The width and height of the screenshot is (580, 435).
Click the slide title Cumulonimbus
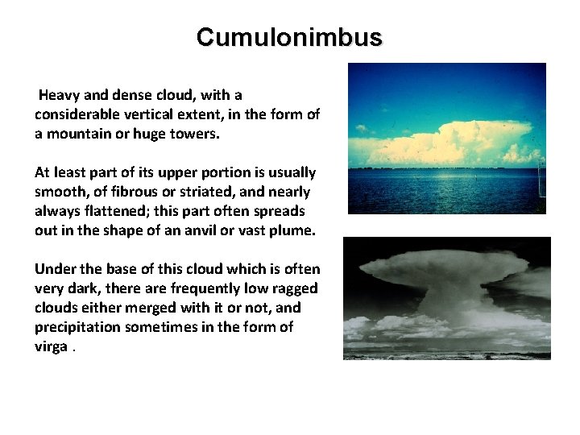pos(289,37)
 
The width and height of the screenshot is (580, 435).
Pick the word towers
pos(195,134)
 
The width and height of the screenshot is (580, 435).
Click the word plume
pos(296,230)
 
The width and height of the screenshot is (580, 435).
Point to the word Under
pos(54,269)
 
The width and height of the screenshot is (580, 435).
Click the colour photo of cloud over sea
pos(446,139)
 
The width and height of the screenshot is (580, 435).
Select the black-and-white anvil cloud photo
pos(446,298)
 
